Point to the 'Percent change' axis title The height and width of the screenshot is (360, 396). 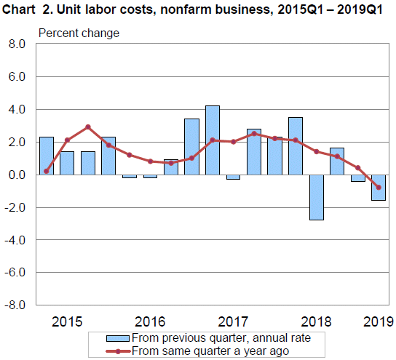pos(79,33)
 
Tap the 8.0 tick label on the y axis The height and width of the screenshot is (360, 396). pos(17,44)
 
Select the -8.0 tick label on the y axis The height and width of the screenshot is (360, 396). pos(15,305)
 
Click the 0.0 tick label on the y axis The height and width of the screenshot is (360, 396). pos(17,175)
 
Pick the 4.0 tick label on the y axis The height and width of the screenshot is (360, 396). pos(17,110)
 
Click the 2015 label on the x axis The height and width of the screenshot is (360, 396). pos(67,321)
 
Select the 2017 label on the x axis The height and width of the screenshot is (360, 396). pos(233,321)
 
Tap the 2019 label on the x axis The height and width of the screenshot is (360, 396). pos(378,321)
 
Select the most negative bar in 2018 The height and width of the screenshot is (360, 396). pos(316,197)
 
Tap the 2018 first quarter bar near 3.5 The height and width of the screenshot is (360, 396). pos(296,146)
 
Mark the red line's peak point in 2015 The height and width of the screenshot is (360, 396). pos(88,127)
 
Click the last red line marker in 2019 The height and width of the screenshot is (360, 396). pos(379,188)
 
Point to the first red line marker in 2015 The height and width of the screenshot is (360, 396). pos(47,172)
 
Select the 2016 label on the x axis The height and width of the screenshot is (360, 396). pos(150,321)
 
